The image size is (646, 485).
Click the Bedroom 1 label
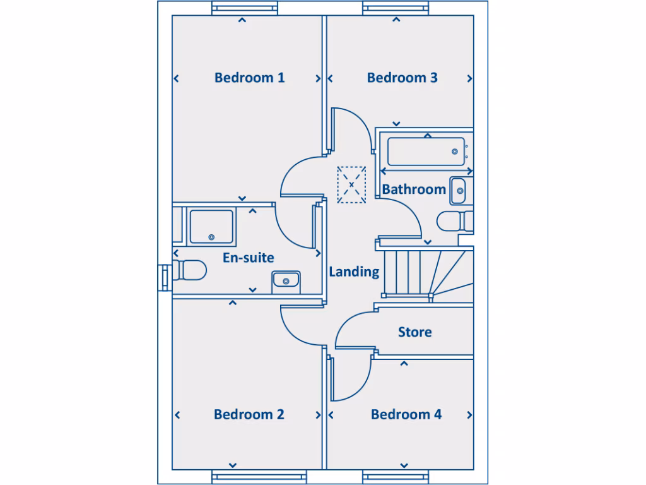[249, 78]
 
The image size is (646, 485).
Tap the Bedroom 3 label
[402, 78]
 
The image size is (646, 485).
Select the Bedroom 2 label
[249, 414]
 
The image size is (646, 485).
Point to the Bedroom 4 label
[406, 414]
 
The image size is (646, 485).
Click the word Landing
[354, 272]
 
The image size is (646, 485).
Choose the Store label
[414, 332]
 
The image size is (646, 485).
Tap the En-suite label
[248, 258]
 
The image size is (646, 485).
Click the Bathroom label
[414, 189]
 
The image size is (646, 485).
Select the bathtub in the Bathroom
[426, 152]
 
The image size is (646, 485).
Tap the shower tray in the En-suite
[211, 225]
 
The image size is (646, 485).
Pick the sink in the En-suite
[286, 281]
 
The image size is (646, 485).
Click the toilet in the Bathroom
[454, 222]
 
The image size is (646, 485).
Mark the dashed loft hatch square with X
[351, 184]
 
